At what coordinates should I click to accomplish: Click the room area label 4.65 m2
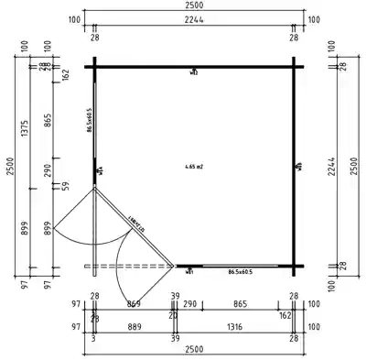coord(194,167)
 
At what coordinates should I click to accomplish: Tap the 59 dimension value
coord(65,186)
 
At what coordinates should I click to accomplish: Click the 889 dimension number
coord(134,325)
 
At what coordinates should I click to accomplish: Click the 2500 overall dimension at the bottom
coord(194,349)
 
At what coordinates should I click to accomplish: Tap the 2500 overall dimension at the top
coord(194,8)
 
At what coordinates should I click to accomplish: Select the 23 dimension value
coord(94,318)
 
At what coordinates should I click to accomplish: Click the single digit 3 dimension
coord(94,337)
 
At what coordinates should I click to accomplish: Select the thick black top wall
coord(194,66)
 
